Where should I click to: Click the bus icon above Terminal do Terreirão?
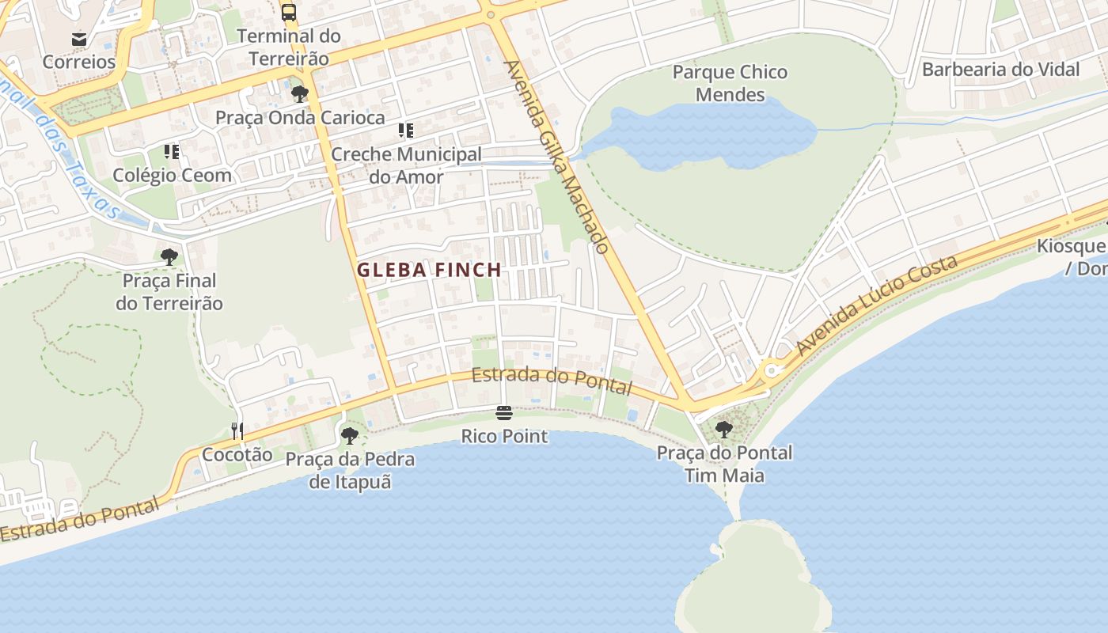click(289, 13)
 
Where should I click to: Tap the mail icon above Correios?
click(79, 39)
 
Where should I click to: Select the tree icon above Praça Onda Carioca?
click(300, 94)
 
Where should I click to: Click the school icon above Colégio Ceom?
click(172, 151)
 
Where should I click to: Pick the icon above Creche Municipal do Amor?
click(406, 131)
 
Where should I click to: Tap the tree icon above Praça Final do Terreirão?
click(169, 256)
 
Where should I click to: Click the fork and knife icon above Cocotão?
click(237, 430)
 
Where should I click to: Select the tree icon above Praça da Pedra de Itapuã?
click(349, 435)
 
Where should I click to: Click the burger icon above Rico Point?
click(504, 413)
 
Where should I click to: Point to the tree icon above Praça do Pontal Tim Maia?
click(724, 430)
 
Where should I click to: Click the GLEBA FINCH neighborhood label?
click(429, 270)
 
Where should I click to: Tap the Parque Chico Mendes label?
click(730, 83)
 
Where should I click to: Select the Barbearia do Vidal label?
click(1000, 70)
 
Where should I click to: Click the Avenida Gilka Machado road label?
click(557, 157)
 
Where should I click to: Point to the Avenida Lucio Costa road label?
click(877, 305)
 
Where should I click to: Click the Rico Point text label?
click(504, 436)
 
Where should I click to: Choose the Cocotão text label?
click(237, 454)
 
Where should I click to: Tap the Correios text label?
click(79, 62)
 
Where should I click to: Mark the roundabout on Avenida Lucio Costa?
click(772, 369)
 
